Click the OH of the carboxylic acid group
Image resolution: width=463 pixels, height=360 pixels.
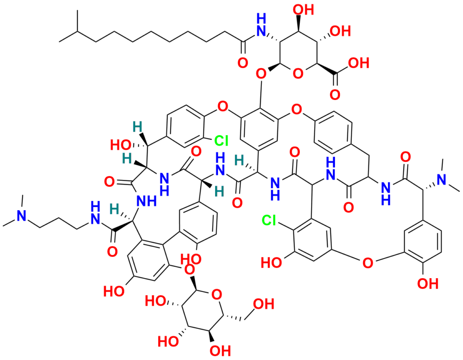[359, 63]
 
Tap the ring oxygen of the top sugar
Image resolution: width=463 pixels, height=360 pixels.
[298, 73]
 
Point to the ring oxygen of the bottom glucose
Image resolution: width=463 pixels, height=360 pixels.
[217, 294]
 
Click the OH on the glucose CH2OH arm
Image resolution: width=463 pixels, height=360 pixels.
[264, 304]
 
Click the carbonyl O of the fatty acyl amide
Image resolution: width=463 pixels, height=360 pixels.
[243, 63]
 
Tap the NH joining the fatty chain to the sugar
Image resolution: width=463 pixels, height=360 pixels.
[261, 26]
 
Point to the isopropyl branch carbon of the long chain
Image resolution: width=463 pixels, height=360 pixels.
[77, 31]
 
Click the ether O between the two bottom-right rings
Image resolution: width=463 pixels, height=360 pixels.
[368, 263]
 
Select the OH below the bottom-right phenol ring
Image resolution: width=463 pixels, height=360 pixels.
[428, 284]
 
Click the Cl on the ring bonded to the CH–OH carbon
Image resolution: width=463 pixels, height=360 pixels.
[222, 141]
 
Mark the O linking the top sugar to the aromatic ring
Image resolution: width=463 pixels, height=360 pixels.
[261, 73]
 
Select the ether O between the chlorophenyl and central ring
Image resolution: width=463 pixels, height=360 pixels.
[222, 105]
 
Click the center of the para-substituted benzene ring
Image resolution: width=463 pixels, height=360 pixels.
[334, 133]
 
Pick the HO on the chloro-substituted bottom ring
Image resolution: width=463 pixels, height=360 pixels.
[271, 263]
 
